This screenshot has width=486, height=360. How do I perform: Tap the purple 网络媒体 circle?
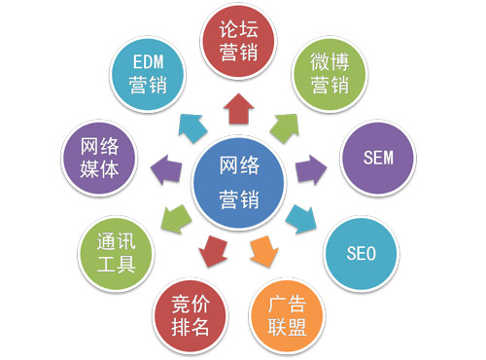pyautogui.click(x=95, y=159)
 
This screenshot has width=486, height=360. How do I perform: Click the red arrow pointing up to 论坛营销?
pyautogui.click(x=237, y=111)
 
